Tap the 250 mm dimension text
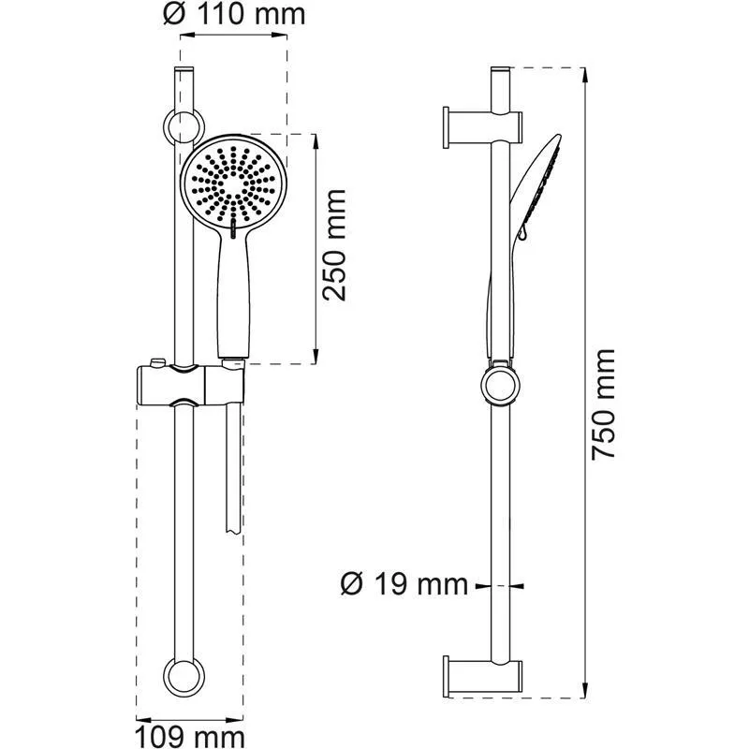point(334,245)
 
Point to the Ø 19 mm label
point(404,585)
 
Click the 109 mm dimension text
point(193,732)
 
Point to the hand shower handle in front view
point(233,295)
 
